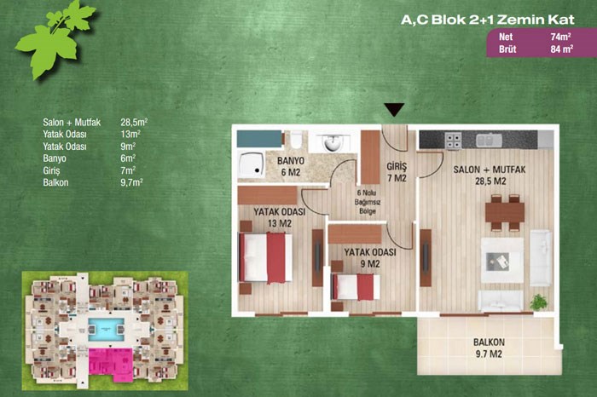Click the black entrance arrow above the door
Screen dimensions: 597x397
click(394, 109)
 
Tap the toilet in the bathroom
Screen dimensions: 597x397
click(296, 140)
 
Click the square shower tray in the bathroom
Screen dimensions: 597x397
click(251, 164)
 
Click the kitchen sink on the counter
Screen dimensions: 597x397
click(489, 141)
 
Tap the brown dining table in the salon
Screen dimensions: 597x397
click(505, 212)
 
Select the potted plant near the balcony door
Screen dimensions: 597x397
click(538, 302)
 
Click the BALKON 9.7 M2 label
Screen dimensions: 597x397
click(489, 348)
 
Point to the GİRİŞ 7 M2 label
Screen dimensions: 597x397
click(397, 172)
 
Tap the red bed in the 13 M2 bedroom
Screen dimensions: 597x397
click(265, 258)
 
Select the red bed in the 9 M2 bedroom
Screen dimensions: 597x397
click(356, 287)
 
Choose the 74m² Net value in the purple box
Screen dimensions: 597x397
click(560, 37)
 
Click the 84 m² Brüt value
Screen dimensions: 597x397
click(561, 49)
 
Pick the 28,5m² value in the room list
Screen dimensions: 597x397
click(134, 122)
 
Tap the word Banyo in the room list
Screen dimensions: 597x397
click(55, 158)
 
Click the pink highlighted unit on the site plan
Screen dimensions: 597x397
click(110, 365)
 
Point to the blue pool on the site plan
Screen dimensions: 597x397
click(106, 330)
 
